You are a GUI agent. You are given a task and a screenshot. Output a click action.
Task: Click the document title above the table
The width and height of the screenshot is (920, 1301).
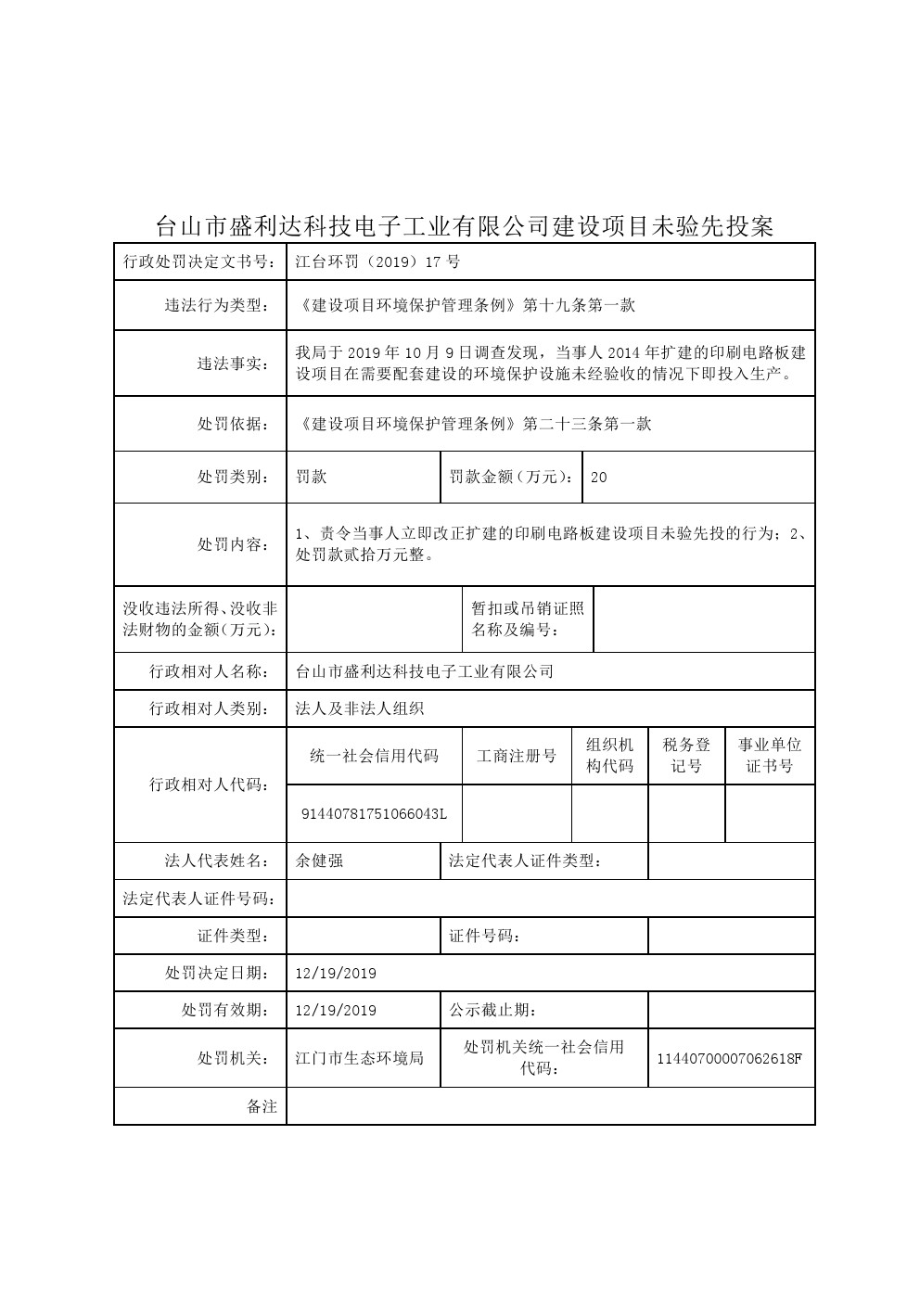pyautogui.click(x=464, y=226)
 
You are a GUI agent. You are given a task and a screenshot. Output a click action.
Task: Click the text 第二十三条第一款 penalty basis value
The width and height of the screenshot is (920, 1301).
pyautogui.click(x=587, y=424)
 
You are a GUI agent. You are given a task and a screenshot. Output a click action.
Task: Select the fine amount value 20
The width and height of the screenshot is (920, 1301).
pyautogui.click(x=598, y=478)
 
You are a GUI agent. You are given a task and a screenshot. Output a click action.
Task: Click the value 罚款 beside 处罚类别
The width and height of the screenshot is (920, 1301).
pyautogui.click(x=311, y=478)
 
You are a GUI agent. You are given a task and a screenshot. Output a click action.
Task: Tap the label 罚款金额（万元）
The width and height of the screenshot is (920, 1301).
pyautogui.click(x=509, y=478)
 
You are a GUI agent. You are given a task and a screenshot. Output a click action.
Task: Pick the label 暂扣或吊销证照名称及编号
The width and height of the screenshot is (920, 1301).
pyautogui.click(x=528, y=619)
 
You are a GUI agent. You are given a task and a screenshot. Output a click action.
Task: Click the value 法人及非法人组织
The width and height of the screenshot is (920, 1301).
pyautogui.click(x=359, y=708)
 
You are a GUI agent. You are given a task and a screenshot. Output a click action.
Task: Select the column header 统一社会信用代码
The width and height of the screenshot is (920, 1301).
pyautogui.click(x=374, y=756)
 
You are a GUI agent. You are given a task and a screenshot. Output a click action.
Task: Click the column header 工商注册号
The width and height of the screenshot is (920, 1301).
pyautogui.click(x=517, y=756)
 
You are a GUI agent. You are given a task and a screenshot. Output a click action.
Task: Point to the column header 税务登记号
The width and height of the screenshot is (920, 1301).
pyautogui.click(x=686, y=756)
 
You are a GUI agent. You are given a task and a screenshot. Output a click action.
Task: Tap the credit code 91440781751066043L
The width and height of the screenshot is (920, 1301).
pyautogui.click(x=375, y=813)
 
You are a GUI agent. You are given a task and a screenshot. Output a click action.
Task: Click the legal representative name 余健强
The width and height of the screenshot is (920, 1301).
pyautogui.click(x=319, y=861)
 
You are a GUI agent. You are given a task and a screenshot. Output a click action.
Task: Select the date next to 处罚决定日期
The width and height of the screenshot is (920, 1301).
pyautogui.click(x=335, y=973)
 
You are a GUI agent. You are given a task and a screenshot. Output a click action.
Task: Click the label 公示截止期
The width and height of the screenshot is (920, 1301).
pyautogui.click(x=492, y=1010)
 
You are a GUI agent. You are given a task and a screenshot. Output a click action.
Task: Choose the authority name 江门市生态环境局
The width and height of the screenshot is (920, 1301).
pyautogui.click(x=359, y=1058)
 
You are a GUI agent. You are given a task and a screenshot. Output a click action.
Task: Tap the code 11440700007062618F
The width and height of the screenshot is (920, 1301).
pyautogui.click(x=729, y=1058)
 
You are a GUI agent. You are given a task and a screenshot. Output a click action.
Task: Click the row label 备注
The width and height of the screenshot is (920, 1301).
pyautogui.click(x=262, y=1106)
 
